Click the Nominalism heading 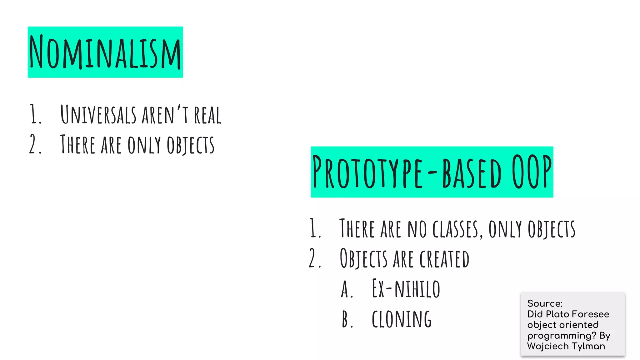105,52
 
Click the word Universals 98,115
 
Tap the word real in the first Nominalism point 208,115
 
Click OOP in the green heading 532,172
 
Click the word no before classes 417,229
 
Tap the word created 444,259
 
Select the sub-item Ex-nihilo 406,289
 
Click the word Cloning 402,319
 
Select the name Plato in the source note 557,314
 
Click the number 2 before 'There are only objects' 33,144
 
